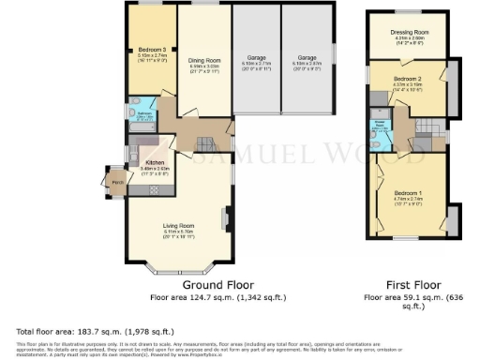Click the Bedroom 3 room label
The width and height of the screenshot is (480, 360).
(x=152, y=50)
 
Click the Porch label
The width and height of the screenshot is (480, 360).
(x=117, y=182)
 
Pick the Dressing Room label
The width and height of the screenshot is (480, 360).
(x=409, y=33)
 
